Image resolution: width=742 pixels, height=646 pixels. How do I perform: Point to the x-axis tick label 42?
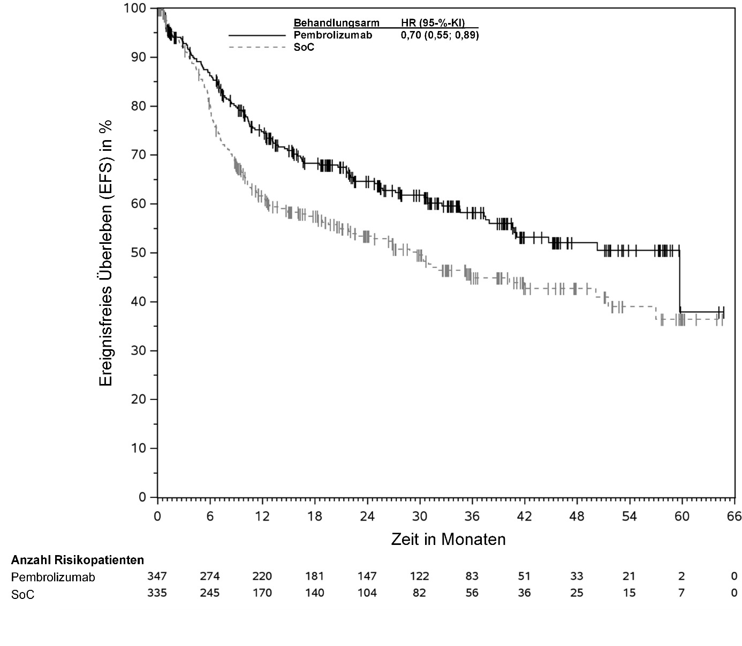pos(524,517)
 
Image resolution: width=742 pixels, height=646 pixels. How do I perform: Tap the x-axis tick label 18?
pos(314,517)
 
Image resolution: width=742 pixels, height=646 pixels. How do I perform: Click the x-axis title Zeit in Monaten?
pos(448,539)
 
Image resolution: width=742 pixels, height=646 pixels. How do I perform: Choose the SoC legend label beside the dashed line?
pos(304,47)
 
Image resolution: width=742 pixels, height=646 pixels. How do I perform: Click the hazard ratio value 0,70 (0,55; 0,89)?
pos(440,35)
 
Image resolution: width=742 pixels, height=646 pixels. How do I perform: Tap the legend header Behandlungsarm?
pos(336,23)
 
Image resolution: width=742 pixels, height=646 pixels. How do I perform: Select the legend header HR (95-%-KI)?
pos(433,23)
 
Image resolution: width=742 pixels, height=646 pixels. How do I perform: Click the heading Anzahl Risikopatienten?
pos(78,560)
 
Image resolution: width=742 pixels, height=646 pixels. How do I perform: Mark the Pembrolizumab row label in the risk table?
pos(53,578)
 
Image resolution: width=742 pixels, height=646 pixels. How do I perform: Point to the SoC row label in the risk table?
pos(23,594)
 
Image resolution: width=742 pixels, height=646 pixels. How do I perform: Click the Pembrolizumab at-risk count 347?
pos(157,576)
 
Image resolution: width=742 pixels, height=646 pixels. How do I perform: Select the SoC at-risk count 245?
pos(209,593)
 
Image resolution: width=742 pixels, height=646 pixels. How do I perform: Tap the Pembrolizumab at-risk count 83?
pos(472,576)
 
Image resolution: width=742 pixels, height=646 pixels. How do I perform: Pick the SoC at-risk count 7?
pos(682,593)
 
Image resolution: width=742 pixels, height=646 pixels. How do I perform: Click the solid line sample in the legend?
pos(258,35)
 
